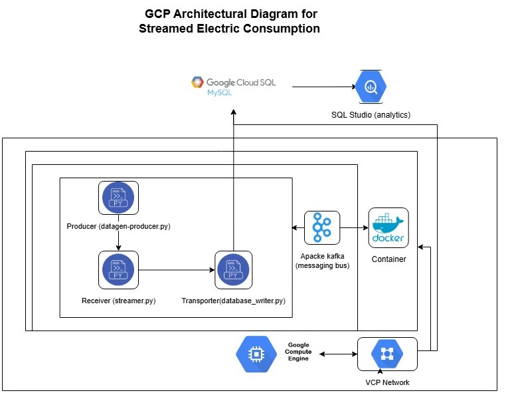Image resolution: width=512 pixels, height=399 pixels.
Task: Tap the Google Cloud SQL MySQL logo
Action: tap(233, 86)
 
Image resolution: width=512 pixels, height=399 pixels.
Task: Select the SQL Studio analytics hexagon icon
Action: tap(371, 86)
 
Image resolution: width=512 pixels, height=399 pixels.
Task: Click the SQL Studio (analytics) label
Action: tap(371, 115)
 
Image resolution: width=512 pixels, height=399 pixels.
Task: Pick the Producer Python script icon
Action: tap(118, 198)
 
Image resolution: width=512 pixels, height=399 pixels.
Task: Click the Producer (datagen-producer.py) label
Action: tap(119, 227)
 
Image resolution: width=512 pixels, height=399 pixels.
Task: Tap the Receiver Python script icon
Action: tap(118, 270)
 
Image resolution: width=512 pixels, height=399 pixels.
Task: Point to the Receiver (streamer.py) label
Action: tap(118, 301)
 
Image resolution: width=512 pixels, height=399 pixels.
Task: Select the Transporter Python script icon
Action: tap(234, 270)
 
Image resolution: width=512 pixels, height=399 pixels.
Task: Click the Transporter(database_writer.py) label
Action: tap(233, 301)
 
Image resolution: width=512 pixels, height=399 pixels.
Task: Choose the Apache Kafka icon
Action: tap(322, 228)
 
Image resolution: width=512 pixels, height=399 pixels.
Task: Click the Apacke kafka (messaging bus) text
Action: tap(322, 261)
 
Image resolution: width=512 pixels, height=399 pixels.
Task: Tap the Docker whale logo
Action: tap(388, 228)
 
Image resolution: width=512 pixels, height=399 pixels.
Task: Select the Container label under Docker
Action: tap(388, 259)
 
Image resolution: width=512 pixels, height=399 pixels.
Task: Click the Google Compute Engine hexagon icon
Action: tap(256, 354)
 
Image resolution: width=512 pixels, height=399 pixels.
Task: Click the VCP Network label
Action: tap(387, 382)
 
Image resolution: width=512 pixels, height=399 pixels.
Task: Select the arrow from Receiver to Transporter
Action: tap(177, 270)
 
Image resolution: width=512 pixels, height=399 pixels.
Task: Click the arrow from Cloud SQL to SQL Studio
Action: tap(323, 86)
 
